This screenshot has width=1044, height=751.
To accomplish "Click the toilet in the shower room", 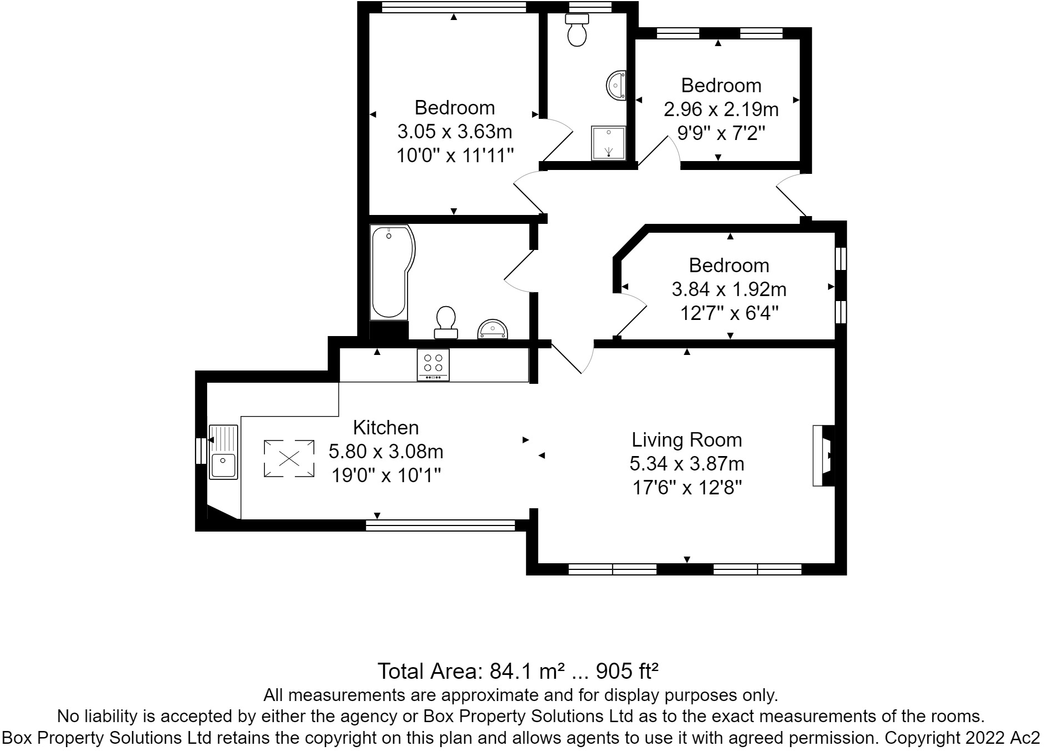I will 577,30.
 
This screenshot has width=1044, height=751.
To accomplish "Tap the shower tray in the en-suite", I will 609,142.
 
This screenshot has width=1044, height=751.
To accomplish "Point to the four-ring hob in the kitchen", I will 433,364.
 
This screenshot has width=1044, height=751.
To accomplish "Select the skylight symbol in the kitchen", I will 289,458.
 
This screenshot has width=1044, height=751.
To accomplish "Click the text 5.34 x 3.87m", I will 687,464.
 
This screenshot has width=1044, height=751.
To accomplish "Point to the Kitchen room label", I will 386,428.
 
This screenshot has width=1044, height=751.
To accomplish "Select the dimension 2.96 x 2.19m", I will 721,109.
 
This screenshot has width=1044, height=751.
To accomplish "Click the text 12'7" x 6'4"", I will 729,314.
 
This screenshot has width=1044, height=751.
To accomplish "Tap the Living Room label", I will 687,440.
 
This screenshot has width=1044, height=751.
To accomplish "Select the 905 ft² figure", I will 627,672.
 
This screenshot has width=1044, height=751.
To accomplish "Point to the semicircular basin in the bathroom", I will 493,329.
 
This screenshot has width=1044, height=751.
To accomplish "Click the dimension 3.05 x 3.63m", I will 454,132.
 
